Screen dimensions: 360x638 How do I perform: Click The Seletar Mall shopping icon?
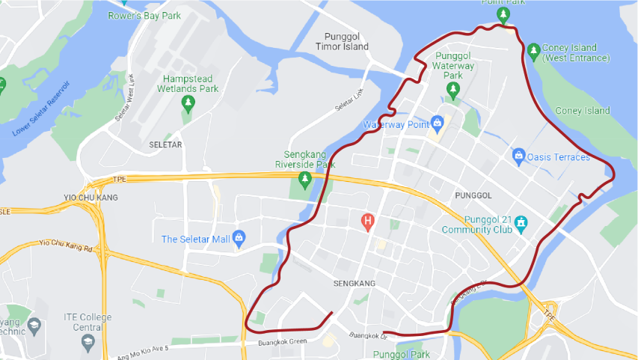[239, 238]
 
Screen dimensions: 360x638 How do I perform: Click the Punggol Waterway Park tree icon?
[453, 90]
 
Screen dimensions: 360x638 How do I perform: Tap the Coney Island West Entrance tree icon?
[533, 51]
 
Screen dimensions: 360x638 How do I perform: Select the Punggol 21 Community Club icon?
[521, 222]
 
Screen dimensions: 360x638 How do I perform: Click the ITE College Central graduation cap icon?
[88, 341]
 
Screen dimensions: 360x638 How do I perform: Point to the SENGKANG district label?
[354, 284]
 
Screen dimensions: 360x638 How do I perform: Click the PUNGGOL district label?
[473, 195]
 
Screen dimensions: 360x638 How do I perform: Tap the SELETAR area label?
[165, 144]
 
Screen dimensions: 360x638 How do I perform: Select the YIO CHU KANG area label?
[91, 198]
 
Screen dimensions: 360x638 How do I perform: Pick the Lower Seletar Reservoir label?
[41, 109]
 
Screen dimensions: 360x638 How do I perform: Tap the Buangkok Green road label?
[282, 342]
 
